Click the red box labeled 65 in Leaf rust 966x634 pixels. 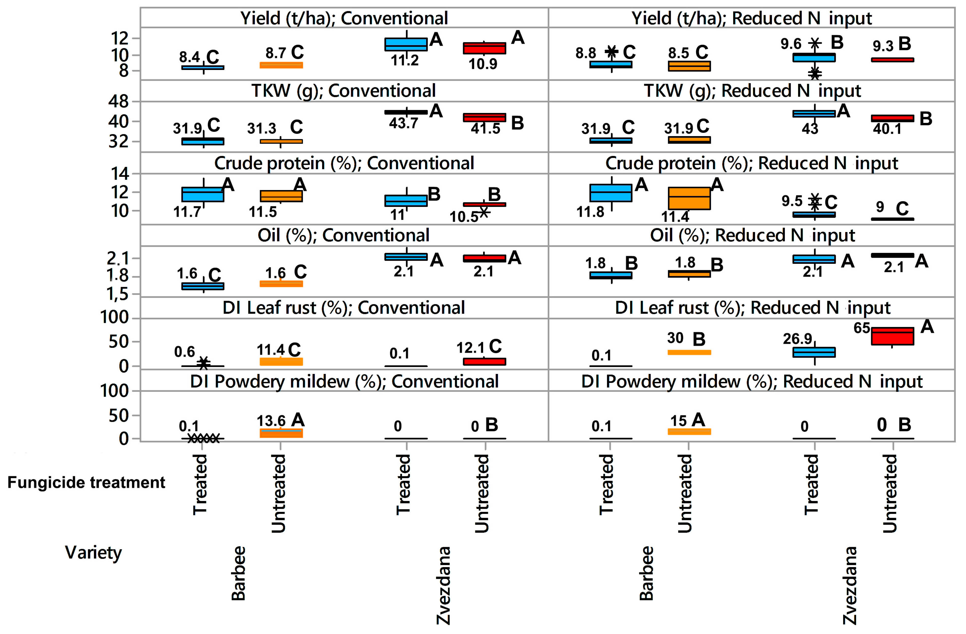click(x=892, y=336)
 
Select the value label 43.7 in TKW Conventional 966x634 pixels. click(x=403, y=123)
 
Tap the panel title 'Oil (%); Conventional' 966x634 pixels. click(x=343, y=235)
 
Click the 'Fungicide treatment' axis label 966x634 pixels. click(x=86, y=483)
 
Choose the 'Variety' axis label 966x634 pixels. click(x=93, y=552)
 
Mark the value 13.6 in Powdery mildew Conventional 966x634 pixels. click(x=271, y=421)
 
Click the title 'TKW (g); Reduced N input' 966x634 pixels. click(x=752, y=91)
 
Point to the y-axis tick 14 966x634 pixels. click(x=120, y=174)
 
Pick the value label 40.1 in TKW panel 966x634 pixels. click(x=887, y=129)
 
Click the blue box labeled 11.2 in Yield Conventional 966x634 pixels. click(x=406, y=44)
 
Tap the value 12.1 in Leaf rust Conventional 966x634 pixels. click(x=470, y=348)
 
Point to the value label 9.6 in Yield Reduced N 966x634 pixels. click(x=791, y=44)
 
